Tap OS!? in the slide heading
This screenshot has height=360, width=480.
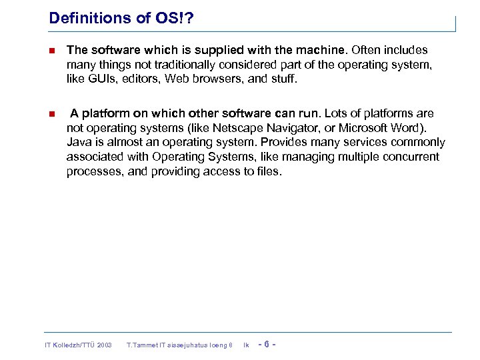pos(173,18)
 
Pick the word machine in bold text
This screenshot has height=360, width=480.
pos(322,50)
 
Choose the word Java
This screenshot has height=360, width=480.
pos(79,142)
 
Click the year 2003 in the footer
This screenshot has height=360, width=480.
pos(104,345)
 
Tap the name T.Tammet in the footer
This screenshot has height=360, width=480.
pos(141,345)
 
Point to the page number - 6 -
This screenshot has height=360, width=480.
pos(266,345)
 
